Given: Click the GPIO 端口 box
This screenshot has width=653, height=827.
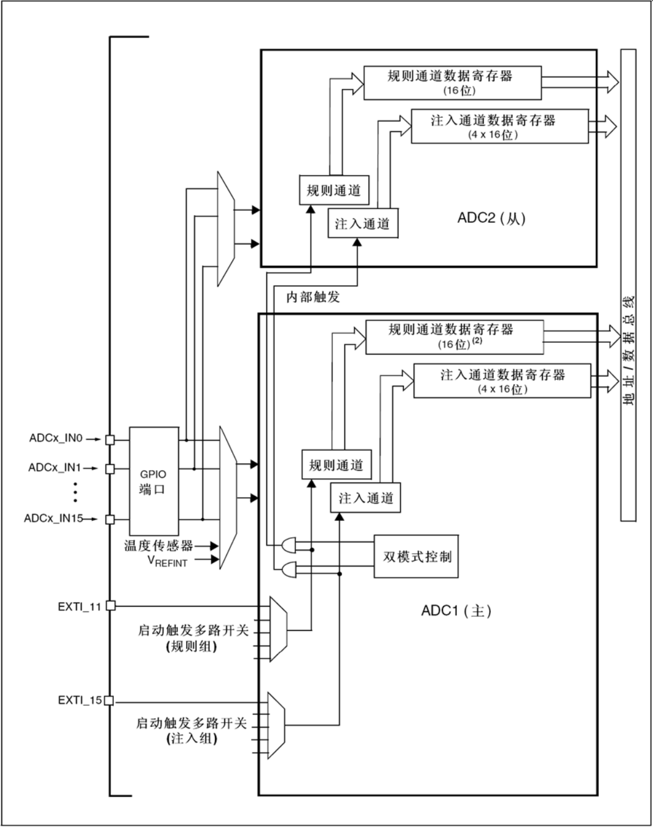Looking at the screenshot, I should tap(153, 481).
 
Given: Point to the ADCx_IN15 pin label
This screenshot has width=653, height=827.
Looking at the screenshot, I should tap(53, 519).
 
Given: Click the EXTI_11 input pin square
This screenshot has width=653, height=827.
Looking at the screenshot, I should tap(110, 606).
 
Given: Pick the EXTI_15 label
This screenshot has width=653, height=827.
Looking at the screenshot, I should tap(80, 700).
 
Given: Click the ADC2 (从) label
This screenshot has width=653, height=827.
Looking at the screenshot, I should tap(491, 219).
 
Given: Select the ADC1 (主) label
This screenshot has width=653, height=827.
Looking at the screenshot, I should tap(456, 611).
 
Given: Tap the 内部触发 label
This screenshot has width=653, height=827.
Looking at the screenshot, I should tap(313, 297).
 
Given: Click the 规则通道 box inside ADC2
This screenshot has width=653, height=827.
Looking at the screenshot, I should tap(334, 190).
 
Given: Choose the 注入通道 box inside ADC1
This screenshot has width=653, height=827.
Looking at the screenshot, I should tap(365, 498).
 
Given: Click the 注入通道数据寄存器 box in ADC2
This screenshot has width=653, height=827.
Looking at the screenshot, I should tap(499, 126).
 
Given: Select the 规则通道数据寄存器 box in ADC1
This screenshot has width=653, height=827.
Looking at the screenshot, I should tap(454, 337).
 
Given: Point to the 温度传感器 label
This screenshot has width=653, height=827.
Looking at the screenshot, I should tap(159, 545).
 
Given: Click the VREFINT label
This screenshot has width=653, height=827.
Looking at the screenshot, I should tap(167, 561).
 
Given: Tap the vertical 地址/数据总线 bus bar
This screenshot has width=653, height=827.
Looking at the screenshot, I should tap(628, 285).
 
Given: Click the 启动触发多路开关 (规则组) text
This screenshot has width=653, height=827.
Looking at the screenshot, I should tap(193, 639).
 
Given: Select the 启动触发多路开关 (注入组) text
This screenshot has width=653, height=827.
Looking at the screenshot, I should tap(192, 730).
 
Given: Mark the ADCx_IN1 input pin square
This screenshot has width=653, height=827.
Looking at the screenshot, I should tap(110, 469).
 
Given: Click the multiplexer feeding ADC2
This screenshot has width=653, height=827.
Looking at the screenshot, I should tap(226, 229).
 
